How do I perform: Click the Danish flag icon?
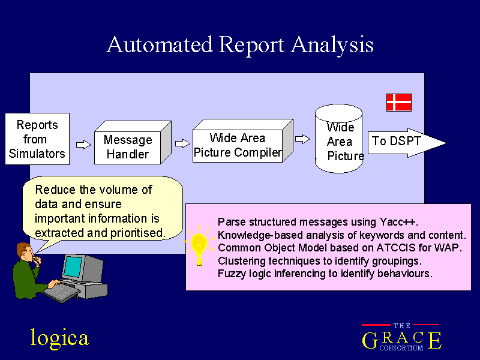(399, 103)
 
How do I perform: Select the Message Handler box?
(133, 143)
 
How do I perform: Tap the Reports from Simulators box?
(37, 139)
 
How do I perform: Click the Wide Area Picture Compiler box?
(242, 141)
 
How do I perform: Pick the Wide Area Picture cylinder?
(339, 139)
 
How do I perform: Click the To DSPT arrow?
(407, 143)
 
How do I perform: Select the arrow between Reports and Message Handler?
(83, 145)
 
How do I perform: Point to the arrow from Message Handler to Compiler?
(182, 143)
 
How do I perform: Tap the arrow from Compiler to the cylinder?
(302, 139)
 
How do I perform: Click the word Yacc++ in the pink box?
(398, 221)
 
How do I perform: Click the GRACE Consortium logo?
(401, 337)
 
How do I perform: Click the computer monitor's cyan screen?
(73, 267)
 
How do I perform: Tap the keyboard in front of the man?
(62, 292)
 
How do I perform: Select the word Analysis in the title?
(332, 46)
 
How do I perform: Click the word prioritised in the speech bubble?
(138, 233)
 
